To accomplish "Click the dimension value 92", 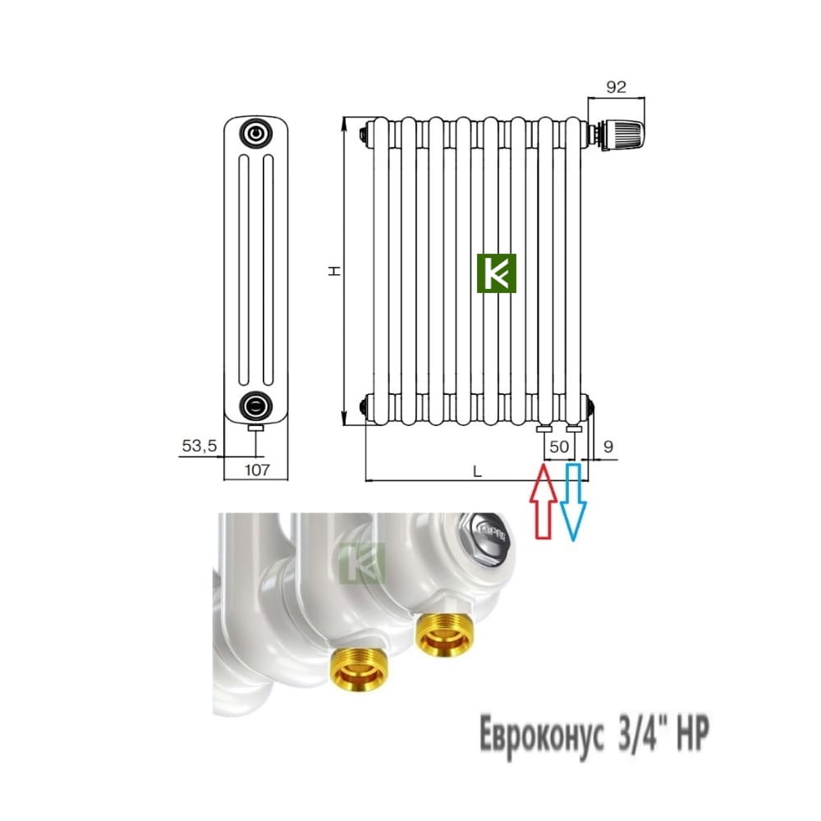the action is (x=616, y=87).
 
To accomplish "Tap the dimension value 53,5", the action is (x=199, y=446).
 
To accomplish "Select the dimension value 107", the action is (x=257, y=470).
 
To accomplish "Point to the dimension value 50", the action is (x=559, y=447).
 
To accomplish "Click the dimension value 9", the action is (x=608, y=447).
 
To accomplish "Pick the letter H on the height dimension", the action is (x=334, y=271).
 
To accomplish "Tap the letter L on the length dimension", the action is (x=477, y=472).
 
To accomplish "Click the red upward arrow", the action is (x=544, y=501).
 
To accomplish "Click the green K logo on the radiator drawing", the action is (x=497, y=273).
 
